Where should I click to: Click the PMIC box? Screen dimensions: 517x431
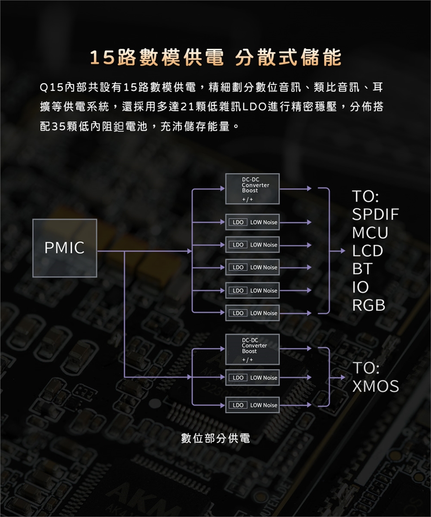[65, 248]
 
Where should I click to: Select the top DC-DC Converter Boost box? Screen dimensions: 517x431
[252, 188]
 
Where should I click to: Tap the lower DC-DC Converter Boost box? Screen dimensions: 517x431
[252, 349]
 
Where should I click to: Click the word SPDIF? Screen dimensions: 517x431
[375, 215]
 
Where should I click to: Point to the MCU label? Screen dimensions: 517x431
[370, 233]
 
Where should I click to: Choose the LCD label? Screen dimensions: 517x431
[368, 251]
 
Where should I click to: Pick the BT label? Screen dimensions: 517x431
[362, 269]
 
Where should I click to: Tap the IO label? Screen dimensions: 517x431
[361, 287]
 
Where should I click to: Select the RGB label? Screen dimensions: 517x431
[369, 305]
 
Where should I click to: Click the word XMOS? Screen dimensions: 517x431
[375, 386]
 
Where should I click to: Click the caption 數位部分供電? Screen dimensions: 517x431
[215, 438]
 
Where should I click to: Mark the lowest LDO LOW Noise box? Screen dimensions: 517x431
[252, 405]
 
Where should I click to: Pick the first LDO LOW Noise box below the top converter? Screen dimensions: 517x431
[252, 222]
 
